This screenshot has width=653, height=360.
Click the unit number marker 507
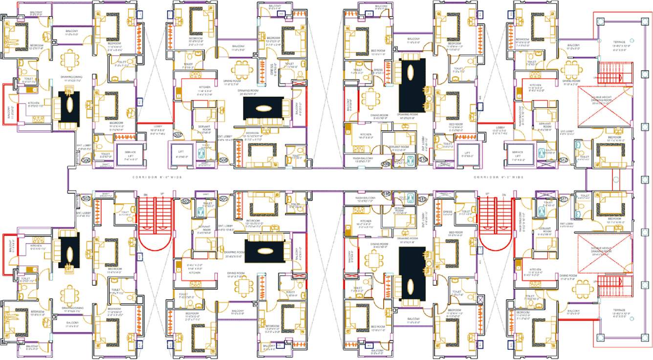[x=178, y=134]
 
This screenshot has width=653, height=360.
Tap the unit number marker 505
[x=86, y=160]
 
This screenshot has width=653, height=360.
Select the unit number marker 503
[x=86, y=199]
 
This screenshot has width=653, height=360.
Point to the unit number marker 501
[x=224, y=199]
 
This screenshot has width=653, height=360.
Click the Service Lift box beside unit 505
[x=130, y=153]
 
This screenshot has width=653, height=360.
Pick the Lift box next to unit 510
[x=467, y=152]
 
